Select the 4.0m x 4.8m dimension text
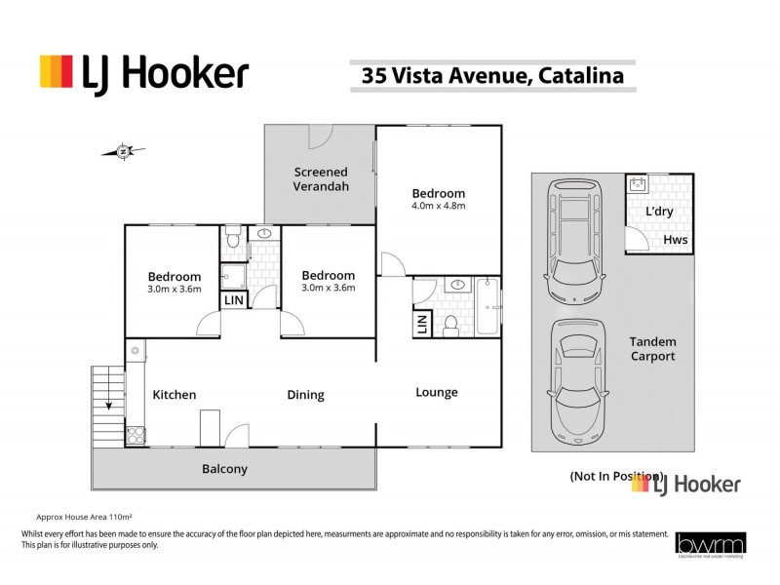click(438, 206)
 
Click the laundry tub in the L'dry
click(638, 182)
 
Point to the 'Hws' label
click(675, 239)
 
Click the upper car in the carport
click(577, 240)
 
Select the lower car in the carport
click(577, 381)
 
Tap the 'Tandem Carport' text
click(653, 349)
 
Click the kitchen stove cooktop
click(135, 436)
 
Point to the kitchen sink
click(134, 348)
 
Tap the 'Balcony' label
click(224, 469)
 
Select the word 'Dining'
click(305, 395)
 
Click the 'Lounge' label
click(437, 392)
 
